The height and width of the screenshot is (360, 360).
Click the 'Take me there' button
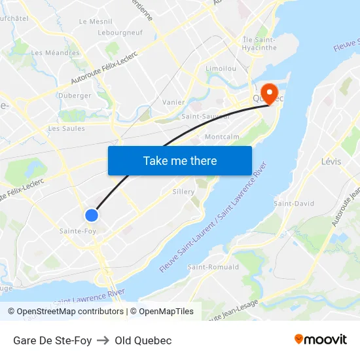[180, 160]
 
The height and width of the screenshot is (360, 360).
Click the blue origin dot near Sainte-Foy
[92, 215]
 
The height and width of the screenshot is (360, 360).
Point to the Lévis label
[331, 162]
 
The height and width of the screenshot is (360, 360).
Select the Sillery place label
[184, 192]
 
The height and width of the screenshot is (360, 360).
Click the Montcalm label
[221, 137]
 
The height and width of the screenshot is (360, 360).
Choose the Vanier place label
[173, 102]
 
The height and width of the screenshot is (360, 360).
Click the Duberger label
[75, 96]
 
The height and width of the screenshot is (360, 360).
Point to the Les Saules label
[66, 129]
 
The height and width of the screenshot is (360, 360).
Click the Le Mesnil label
[96, 22]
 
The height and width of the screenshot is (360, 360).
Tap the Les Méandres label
[55, 53]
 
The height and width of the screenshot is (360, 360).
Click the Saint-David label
[294, 204]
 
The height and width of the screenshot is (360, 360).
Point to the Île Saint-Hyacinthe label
[260, 43]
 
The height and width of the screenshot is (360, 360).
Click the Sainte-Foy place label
[78, 231]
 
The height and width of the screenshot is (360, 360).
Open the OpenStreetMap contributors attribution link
[66, 312]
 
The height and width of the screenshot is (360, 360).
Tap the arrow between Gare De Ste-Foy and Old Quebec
[103, 340]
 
